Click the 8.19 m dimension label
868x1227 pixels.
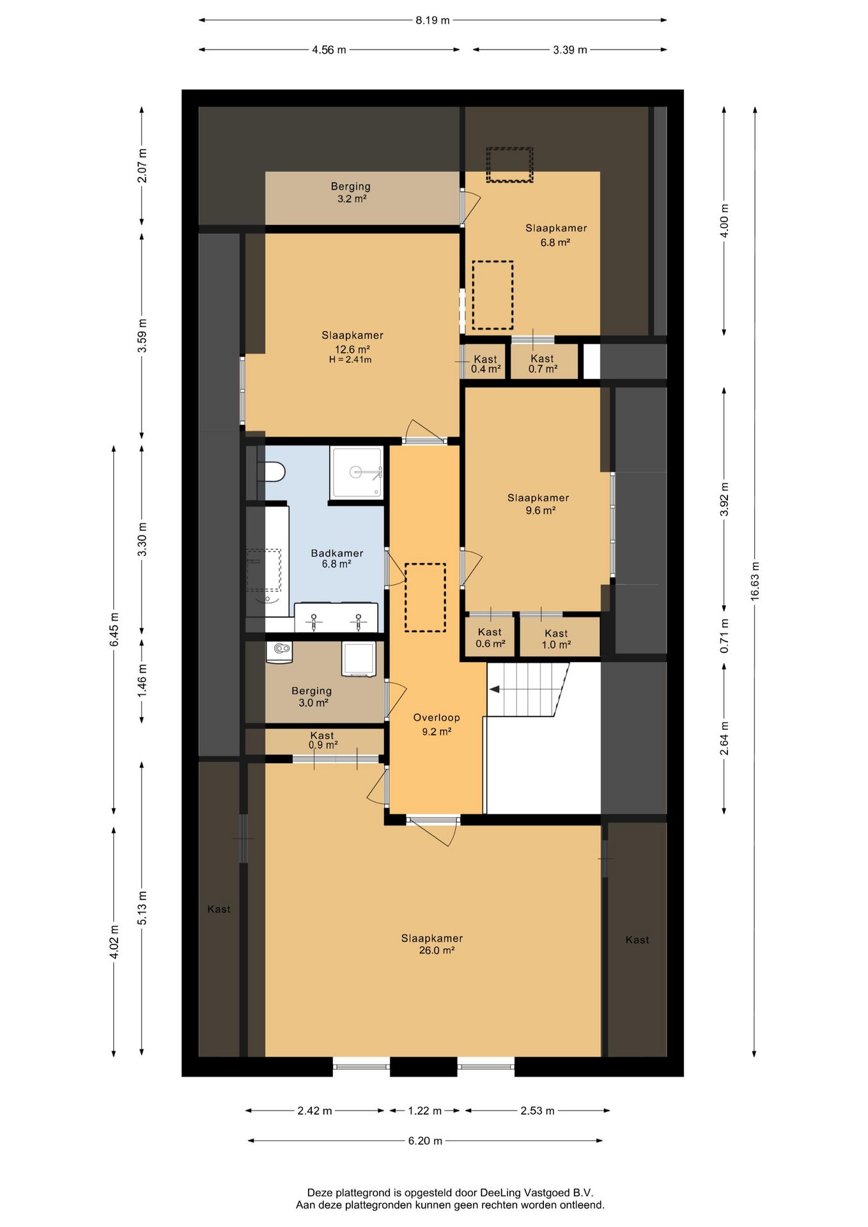click(x=433, y=20)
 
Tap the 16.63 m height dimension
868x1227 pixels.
click(x=755, y=581)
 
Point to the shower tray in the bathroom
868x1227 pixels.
click(x=357, y=472)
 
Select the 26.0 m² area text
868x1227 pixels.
click(x=437, y=950)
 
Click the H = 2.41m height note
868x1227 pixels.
click(x=350, y=360)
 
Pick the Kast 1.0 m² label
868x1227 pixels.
click(x=556, y=638)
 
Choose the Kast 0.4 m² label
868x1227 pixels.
click(x=486, y=364)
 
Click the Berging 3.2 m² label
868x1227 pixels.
click(x=351, y=192)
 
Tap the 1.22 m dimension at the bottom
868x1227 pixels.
click(x=425, y=1111)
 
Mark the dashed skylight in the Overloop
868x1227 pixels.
click(x=425, y=598)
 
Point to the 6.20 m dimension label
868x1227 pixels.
click(x=425, y=1141)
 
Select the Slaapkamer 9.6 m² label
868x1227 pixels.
click(x=538, y=504)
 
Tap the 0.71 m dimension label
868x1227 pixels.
click(x=724, y=636)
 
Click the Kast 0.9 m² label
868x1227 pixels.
click(x=323, y=740)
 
